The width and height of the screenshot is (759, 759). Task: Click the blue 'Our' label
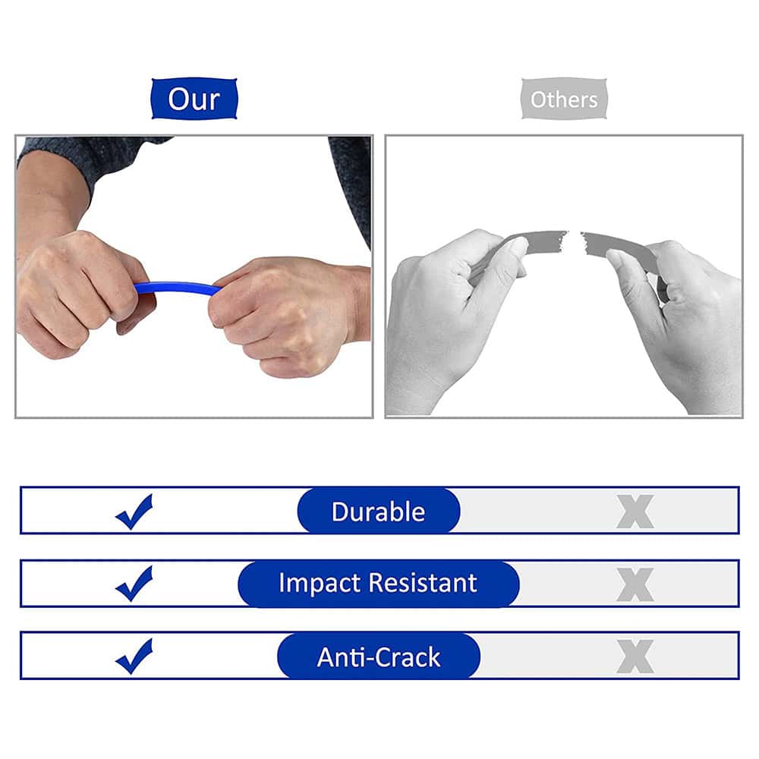194,99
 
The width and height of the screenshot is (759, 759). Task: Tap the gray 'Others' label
564,99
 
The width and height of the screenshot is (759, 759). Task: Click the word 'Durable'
378,511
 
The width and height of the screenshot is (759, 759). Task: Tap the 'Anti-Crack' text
378,657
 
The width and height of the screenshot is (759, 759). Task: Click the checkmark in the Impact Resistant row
134,584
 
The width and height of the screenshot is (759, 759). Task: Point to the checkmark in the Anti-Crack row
134,657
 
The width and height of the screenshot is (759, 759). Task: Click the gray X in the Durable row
635,512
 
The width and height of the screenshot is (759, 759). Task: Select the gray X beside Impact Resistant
635,584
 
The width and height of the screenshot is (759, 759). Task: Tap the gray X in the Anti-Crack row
635,657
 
